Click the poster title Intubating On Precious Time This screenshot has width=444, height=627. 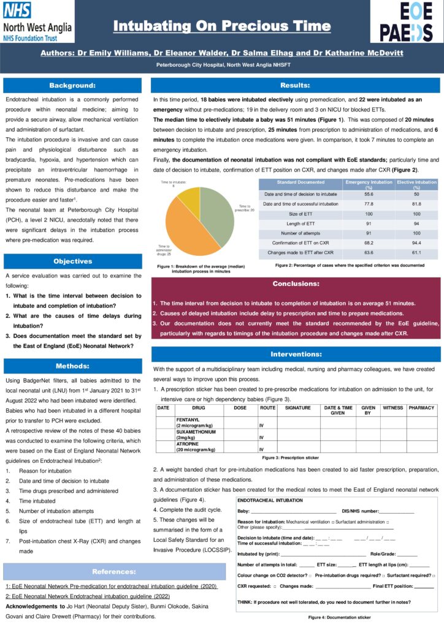pos(222,26)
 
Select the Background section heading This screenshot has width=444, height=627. pos(73,85)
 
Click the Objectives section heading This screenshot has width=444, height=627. pos(73,261)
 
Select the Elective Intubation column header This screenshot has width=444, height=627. pos(416,184)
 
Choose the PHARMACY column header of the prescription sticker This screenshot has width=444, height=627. pos(421,407)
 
